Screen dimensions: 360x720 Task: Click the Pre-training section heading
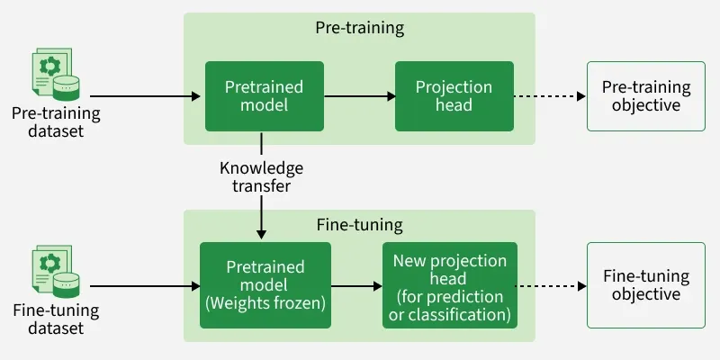359,28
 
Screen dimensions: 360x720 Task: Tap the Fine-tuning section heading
359,225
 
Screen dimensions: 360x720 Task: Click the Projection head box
454,96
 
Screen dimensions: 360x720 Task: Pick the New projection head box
450,286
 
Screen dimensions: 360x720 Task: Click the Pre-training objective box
646,96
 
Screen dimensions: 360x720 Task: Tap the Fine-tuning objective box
646,285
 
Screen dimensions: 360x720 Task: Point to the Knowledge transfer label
261,177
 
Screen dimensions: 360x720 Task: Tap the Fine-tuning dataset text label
56,319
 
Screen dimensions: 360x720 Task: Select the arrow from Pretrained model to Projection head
359,96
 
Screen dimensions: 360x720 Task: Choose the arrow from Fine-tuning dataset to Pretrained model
144,286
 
